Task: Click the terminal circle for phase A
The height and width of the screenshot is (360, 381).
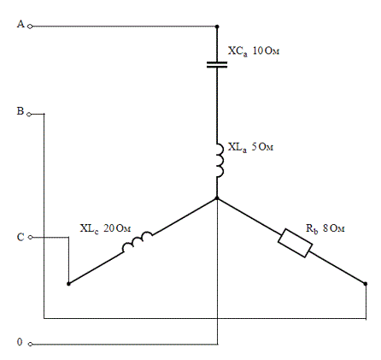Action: coord(30,27)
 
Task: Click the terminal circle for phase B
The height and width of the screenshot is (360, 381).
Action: coord(29,115)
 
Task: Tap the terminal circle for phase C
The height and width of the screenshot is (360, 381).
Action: coord(31,237)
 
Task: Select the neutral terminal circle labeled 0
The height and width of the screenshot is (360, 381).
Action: coord(30,345)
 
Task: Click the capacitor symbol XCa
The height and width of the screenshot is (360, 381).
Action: coord(217,65)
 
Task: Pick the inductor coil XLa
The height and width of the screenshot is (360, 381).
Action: coord(220,161)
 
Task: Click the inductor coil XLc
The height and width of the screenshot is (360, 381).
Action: coord(138,242)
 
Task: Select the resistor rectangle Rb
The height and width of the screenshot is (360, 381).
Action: coord(295,243)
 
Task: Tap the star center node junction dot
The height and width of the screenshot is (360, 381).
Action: coord(217,198)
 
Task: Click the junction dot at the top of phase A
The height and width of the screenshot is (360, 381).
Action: coord(217,27)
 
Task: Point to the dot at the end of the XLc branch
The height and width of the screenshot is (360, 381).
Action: coord(68,284)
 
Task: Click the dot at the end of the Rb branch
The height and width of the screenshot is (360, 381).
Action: coord(366,284)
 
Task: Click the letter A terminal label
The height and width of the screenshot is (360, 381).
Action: coord(21,24)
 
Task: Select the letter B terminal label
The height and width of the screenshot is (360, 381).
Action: coord(20,111)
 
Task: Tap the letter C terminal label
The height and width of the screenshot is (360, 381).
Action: coord(21,237)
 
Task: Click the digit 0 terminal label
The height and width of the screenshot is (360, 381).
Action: coord(20,342)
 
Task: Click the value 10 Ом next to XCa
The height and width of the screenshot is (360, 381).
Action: coord(266,50)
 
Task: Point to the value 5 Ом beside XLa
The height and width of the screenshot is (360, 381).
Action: coord(262,147)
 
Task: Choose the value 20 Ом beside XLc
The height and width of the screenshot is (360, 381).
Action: coord(117,228)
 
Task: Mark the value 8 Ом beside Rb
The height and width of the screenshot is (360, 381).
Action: coord(334,228)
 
